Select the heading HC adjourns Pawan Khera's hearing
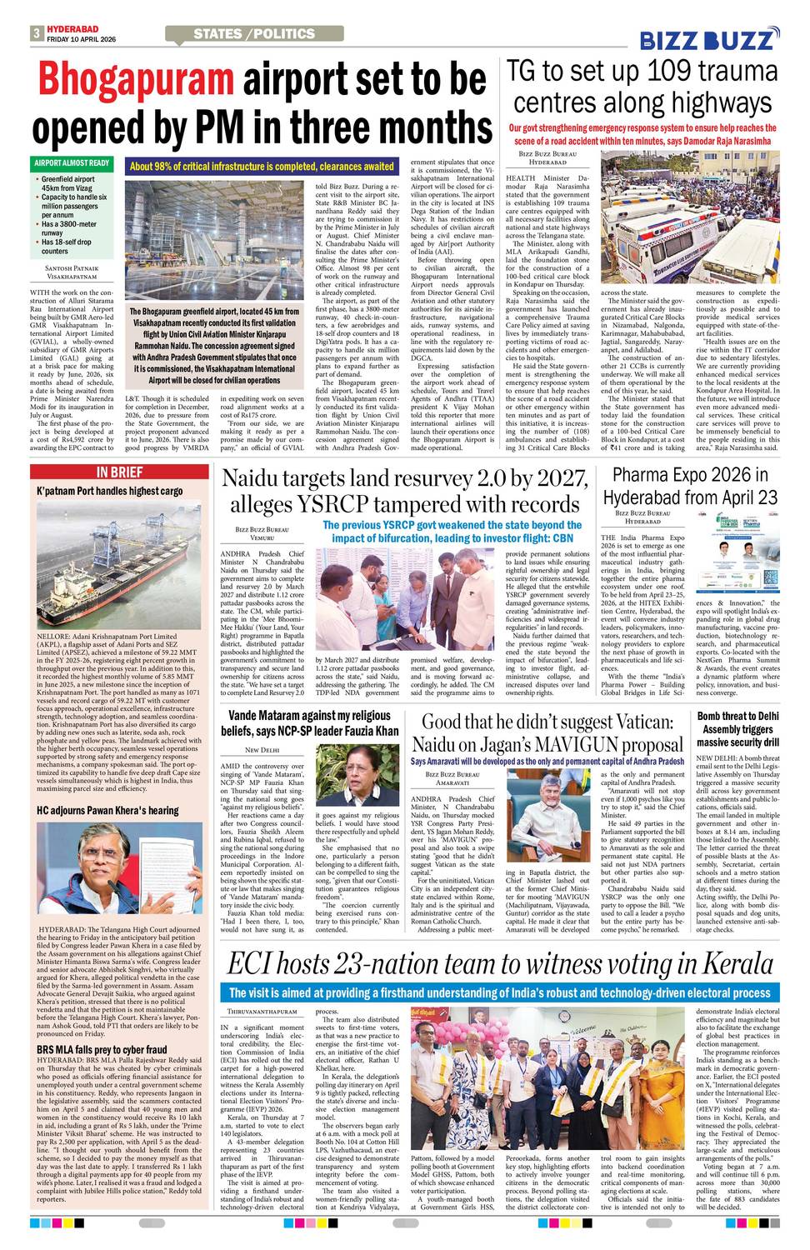click(x=107, y=810)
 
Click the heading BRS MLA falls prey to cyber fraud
click(x=102, y=1048)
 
